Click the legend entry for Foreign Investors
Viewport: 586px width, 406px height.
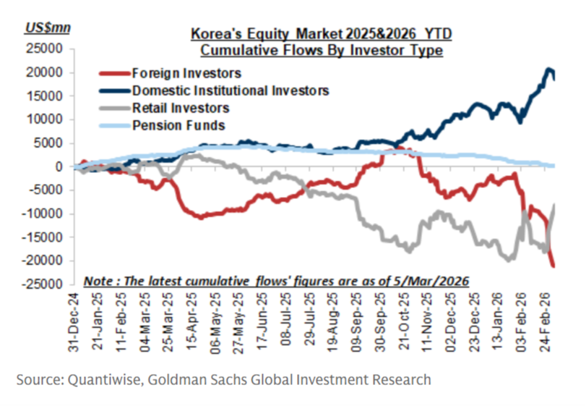(x=186, y=73)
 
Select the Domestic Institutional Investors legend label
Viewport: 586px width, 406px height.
(x=230, y=90)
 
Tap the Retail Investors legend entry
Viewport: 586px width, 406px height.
(x=181, y=108)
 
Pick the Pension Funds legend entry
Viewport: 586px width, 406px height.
(x=178, y=125)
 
